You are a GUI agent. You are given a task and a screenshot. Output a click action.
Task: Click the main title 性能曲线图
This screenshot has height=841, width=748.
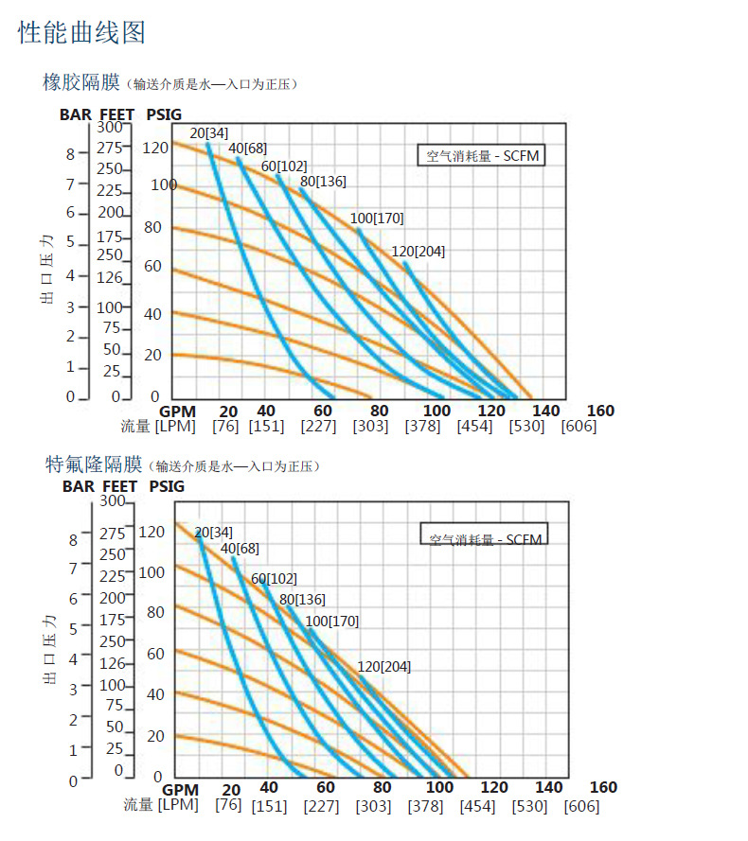coord(82,33)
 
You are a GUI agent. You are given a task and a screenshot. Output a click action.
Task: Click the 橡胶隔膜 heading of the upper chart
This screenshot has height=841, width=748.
coord(81,83)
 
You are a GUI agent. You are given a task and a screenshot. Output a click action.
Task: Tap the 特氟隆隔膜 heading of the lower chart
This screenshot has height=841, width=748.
coord(94,464)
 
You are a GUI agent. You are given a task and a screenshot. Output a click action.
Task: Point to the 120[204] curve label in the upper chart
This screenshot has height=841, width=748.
coord(418,252)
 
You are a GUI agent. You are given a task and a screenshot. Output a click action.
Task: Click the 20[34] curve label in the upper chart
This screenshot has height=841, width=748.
coord(209,132)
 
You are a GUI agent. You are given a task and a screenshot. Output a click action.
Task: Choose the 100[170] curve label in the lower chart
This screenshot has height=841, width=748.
coord(331,622)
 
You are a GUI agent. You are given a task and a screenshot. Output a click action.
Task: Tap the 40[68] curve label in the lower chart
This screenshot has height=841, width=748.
coord(240,549)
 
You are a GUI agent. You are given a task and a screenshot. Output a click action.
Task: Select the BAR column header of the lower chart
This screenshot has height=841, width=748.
coord(79,486)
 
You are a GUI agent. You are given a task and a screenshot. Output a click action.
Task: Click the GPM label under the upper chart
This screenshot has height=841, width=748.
coord(177,411)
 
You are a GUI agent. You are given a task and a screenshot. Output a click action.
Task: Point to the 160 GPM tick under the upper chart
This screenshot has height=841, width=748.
coord(600,411)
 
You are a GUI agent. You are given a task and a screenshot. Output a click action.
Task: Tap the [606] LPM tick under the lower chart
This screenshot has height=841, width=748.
coord(580,806)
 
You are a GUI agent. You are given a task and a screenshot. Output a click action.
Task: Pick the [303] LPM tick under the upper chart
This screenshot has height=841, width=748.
coord(370,427)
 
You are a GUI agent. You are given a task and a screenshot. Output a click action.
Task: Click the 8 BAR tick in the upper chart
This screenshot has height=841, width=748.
coord(70,154)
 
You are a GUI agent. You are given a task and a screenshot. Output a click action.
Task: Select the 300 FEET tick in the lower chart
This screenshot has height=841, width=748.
coord(113,501)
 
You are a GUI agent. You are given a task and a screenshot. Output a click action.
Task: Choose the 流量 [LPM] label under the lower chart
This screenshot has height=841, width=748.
coord(160,805)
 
